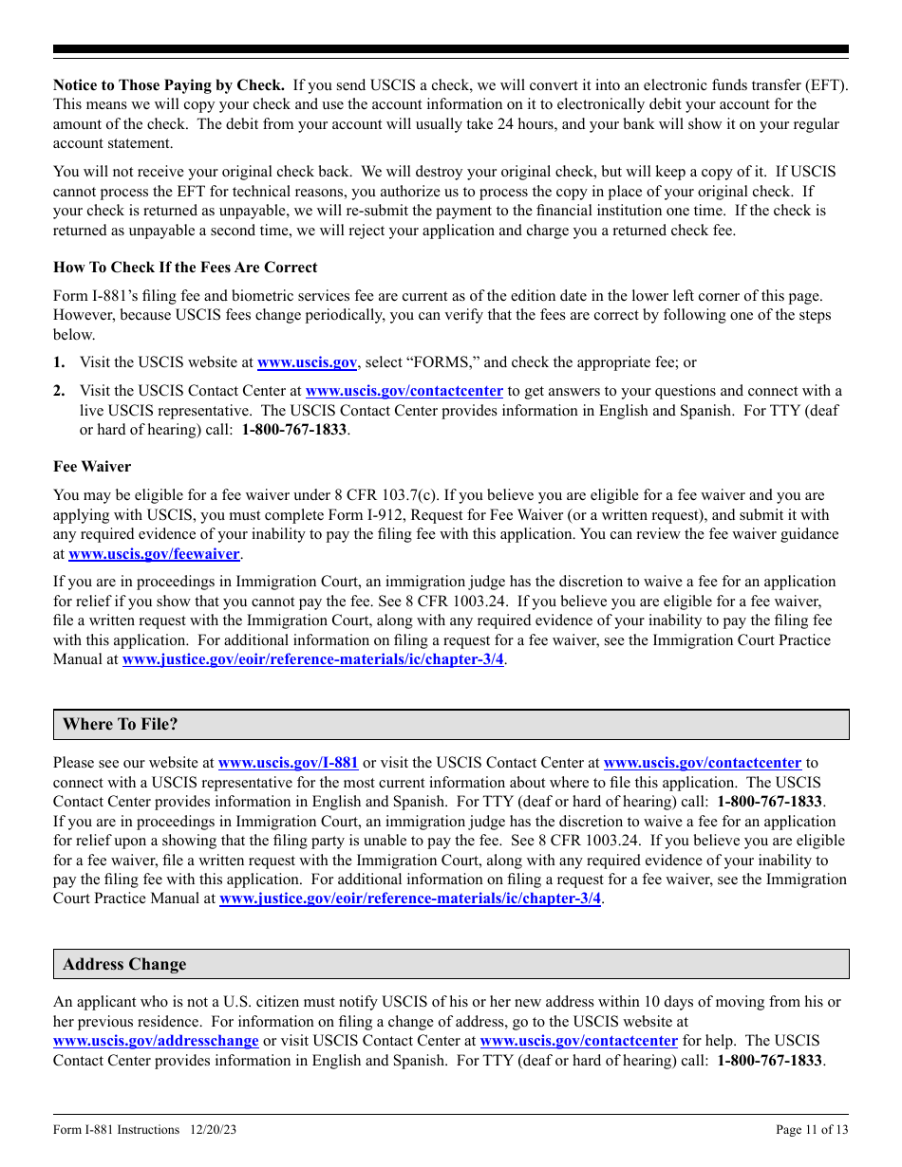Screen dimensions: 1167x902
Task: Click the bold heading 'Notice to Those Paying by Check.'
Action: (x=168, y=85)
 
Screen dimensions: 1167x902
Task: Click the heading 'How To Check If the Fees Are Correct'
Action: (x=185, y=268)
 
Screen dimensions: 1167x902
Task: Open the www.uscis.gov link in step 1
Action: (x=307, y=362)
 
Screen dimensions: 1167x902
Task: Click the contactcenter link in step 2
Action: (x=404, y=391)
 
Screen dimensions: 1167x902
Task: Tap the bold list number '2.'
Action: (x=60, y=391)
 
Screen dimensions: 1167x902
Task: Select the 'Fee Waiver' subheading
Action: (x=92, y=467)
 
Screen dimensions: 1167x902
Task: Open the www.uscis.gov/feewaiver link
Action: (x=154, y=554)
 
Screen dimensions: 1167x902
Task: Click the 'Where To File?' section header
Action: (x=121, y=725)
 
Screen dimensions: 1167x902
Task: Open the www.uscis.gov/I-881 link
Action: (x=288, y=763)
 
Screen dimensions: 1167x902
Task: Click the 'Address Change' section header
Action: (x=124, y=965)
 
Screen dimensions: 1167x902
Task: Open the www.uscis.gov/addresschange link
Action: (x=156, y=1041)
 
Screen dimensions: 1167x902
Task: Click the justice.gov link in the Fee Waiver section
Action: (x=313, y=659)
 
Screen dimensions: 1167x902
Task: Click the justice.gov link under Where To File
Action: (x=410, y=898)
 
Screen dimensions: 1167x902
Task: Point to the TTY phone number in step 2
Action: (x=294, y=430)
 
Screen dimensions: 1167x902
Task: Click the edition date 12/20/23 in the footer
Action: (x=213, y=1130)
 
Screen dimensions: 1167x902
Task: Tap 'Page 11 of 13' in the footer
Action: (x=812, y=1130)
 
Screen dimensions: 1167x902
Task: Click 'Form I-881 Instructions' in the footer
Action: (x=116, y=1130)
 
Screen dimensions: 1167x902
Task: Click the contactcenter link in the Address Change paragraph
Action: (x=578, y=1041)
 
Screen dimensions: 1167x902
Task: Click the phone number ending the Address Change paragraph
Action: (x=769, y=1061)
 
